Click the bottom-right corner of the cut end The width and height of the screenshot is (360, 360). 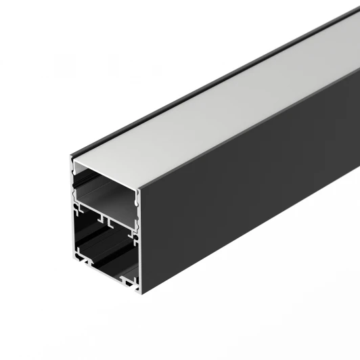[139, 292]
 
